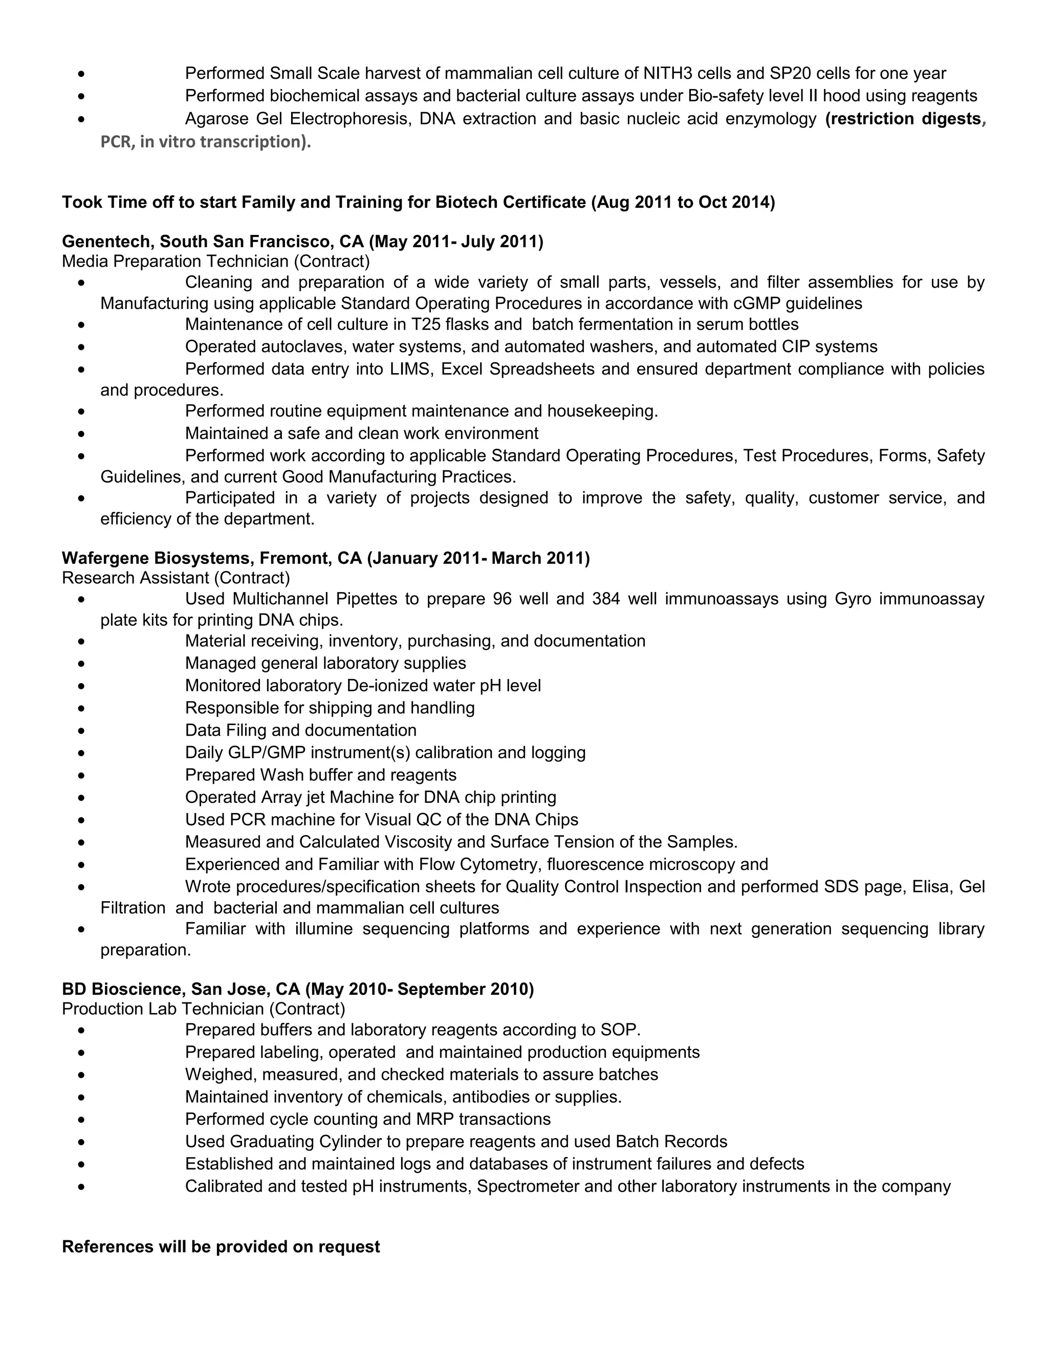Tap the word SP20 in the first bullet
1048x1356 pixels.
click(790, 73)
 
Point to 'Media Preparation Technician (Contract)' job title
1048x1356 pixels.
click(215, 261)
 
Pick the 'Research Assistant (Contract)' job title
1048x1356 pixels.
click(176, 578)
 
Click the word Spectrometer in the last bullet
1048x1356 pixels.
click(528, 1187)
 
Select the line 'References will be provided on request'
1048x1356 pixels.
click(221, 1248)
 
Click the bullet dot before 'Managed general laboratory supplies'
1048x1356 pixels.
click(81, 664)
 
